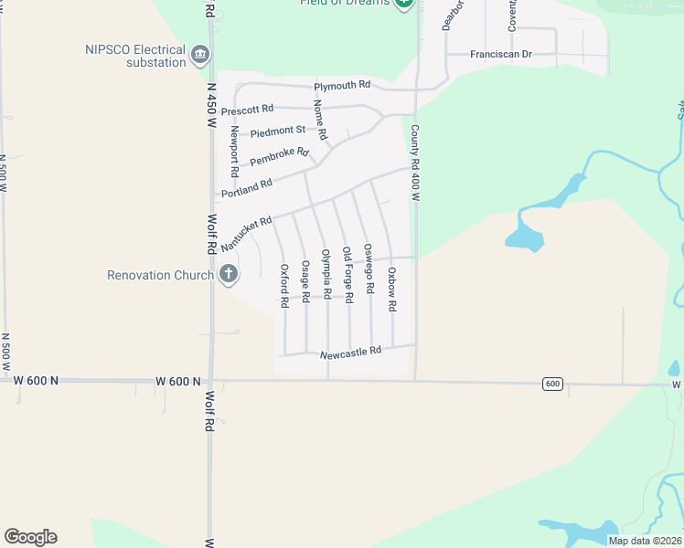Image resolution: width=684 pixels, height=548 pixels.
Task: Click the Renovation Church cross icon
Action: pyautogui.click(x=229, y=274)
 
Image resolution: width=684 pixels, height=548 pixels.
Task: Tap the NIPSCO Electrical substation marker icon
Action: pyautogui.click(x=199, y=57)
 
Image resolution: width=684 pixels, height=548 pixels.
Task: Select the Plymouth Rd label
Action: pyautogui.click(x=342, y=86)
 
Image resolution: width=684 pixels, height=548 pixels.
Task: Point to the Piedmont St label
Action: pyautogui.click(x=277, y=131)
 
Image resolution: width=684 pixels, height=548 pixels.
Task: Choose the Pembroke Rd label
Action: pyautogui.click(x=279, y=157)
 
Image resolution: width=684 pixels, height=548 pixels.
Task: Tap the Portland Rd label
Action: pyautogui.click(x=247, y=184)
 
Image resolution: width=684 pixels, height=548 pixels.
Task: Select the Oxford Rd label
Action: pyautogui.click(x=284, y=284)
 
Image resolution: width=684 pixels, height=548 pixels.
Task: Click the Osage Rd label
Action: pyautogui.click(x=305, y=279)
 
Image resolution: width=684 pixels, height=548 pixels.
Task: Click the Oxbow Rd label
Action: pyautogui.click(x=391, y=290)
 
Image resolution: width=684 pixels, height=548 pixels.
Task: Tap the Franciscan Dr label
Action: pyautogui.click(x=501, y=55)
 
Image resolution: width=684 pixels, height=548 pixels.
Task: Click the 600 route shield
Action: pyautogui.click(x=551, y=384)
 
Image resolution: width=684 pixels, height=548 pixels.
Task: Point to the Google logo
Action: pyautogui.click(x=30, y=537)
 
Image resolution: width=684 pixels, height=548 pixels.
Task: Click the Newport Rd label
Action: pyautogui.click(x=235, y=152)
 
